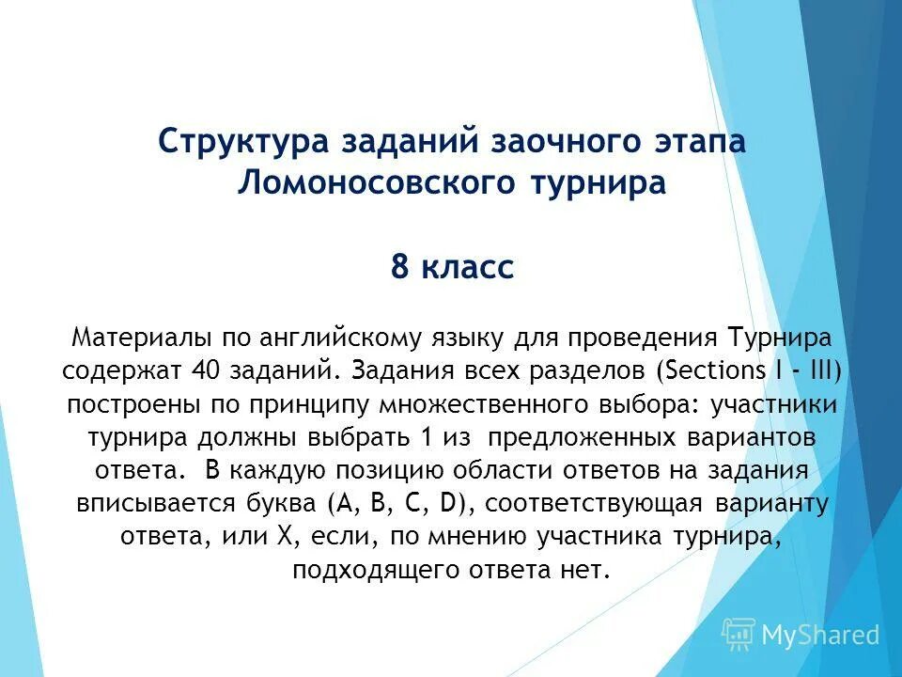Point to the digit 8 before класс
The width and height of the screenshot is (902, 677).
coord(400,268)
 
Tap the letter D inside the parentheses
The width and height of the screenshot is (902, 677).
coord(459,504)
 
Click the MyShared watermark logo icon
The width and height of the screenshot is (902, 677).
coord(738,635)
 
